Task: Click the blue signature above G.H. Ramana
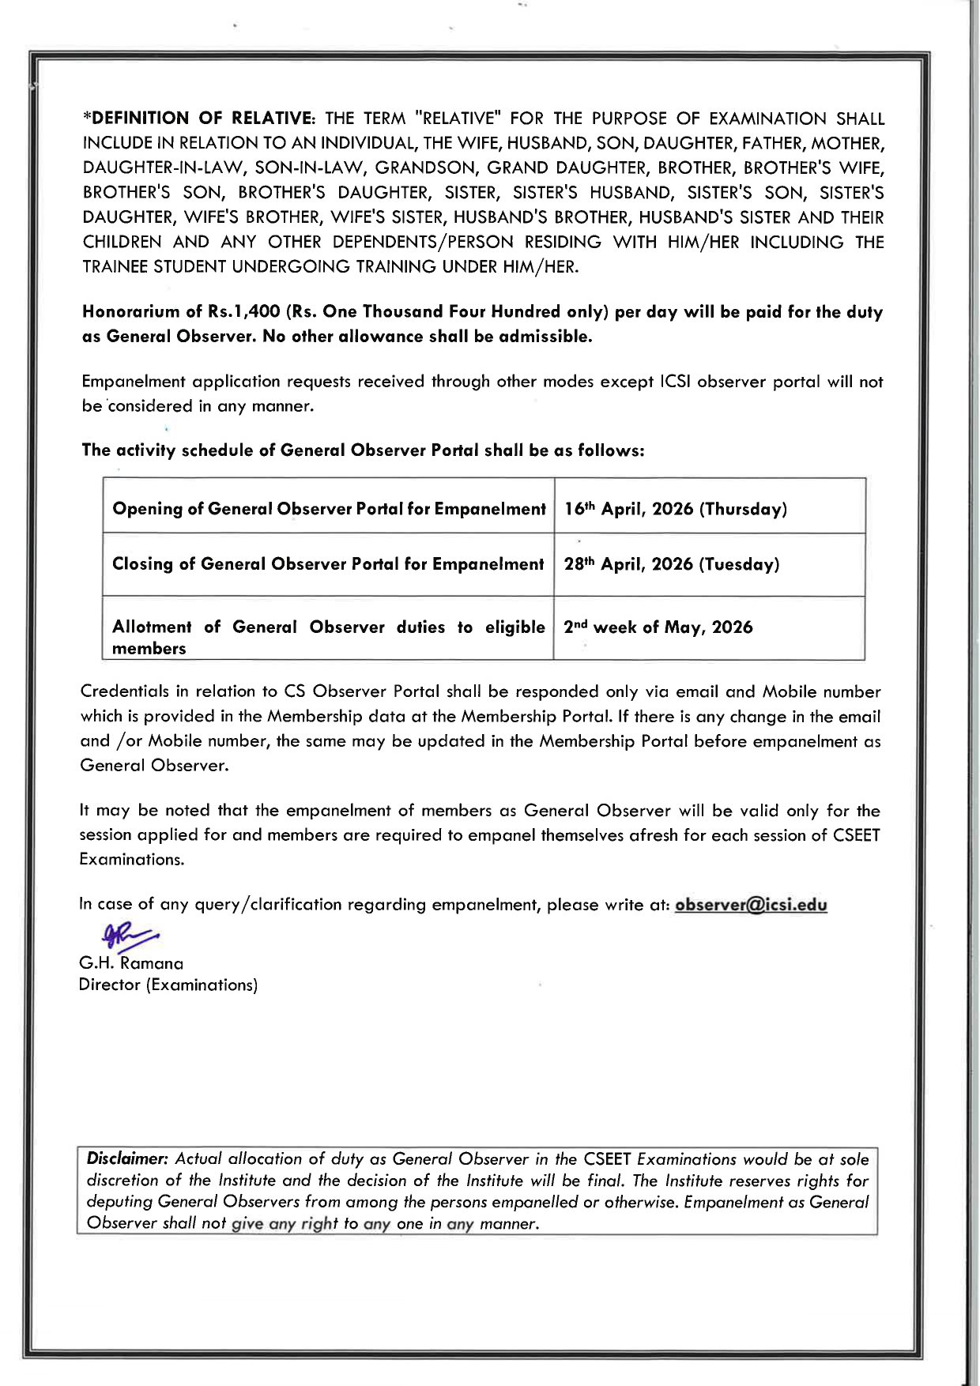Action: [128, 936]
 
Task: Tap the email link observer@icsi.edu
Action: [751, 905]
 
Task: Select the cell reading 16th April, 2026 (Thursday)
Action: [675, 509]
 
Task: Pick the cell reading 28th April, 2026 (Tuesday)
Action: [671, 564]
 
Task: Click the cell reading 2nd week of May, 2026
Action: [658, 627]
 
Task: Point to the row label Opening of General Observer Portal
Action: [329, 509]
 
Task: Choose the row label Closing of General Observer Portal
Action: [328, 564]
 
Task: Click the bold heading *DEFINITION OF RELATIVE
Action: [199, 119]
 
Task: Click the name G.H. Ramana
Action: [131, 963]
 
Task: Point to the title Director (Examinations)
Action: [168, 985]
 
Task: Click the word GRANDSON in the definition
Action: [424, 168]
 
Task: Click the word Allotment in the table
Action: [152, 627]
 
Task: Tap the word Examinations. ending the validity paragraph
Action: [131, 860]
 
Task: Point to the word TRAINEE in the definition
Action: [115, 267]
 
